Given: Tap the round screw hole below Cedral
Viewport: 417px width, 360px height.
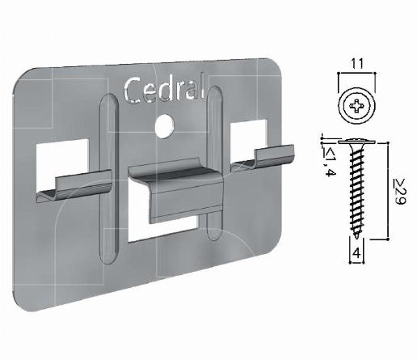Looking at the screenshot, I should click(x=166, y=125).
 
